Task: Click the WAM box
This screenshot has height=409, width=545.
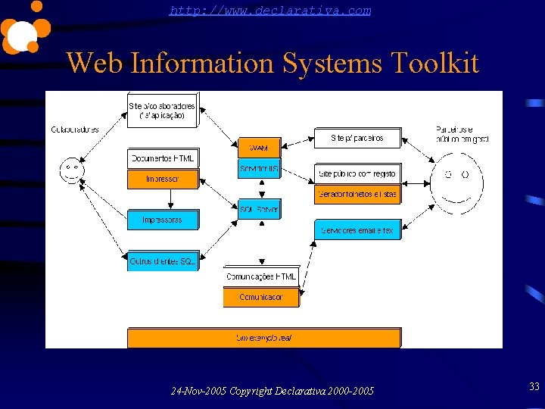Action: (259, 147)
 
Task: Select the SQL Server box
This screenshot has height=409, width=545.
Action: (259, 209)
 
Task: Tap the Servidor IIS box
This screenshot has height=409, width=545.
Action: (259, 168)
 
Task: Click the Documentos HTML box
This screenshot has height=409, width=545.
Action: (163, 158)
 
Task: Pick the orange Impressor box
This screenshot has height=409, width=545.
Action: (163, 180)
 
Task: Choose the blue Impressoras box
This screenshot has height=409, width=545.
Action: (163, 220)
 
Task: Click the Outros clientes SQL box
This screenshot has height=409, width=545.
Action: (163, 261)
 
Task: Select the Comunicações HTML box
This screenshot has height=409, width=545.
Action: (261, 276)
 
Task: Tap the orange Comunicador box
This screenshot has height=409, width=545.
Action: (261, 298)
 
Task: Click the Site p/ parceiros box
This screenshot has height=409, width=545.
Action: (357, 138)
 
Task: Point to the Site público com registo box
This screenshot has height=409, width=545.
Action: (357, 173)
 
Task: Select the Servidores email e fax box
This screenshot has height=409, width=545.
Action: (357, 230)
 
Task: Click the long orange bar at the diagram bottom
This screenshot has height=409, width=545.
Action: (263, 338)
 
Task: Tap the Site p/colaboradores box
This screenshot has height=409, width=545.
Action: (162, 111)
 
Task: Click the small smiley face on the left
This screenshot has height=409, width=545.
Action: (71, 168)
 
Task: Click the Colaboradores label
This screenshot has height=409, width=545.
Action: (75, 130)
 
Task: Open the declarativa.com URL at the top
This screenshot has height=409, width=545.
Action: (270, 11)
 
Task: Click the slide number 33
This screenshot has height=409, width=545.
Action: (534, 387)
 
